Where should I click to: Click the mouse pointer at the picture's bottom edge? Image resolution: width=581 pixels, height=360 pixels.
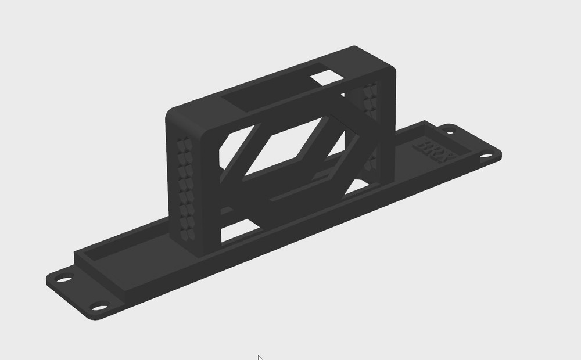tap(260, 357)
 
